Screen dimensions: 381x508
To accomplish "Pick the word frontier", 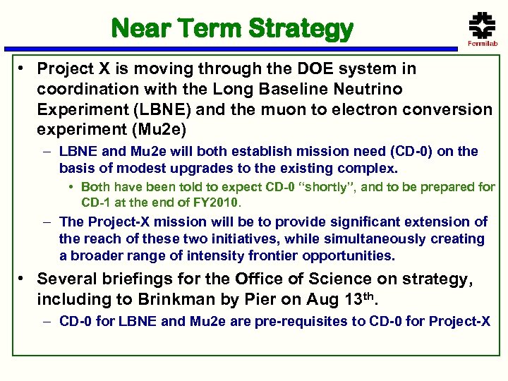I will pos(265,255).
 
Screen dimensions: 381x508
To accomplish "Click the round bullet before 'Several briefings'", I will pos(23,279).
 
